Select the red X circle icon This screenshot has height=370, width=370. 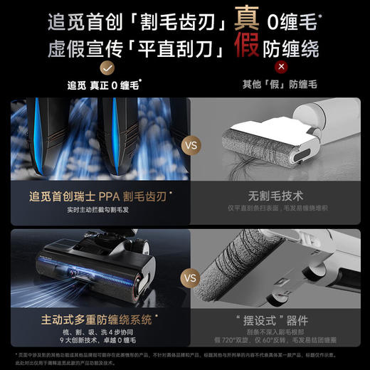[x=262, y=68]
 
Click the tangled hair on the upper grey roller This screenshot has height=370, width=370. [x=245, y=152]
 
